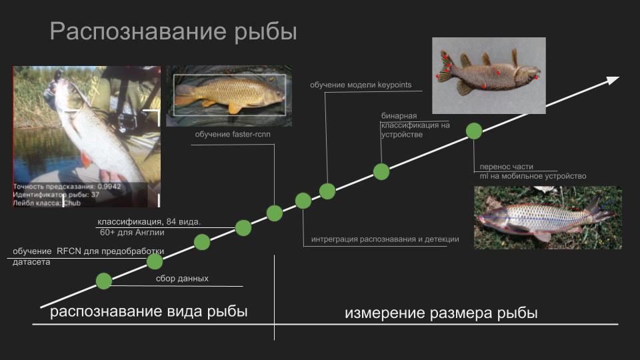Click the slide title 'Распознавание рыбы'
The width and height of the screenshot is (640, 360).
tap(173, 32)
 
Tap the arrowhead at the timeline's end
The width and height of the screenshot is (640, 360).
tap(612, 80)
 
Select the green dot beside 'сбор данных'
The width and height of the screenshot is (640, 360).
tap(103, 281)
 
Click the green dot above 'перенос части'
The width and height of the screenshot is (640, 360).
tap(473, 131)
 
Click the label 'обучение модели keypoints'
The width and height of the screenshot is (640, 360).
tap(361, 85)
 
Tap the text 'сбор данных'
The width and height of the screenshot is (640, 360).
tap(182, 279)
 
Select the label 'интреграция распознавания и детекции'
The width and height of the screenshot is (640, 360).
tap(385, 239)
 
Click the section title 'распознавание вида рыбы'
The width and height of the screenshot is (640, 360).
tap(149, 311)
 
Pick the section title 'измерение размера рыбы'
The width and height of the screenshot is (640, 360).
tap(441, 313)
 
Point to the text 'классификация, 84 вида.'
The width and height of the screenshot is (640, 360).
tap(149, 221)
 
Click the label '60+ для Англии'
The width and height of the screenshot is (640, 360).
tap(132, 233)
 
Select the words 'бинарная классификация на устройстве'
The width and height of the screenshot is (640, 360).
tap(415, 125)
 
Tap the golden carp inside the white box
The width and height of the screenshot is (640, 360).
tap(227, 91)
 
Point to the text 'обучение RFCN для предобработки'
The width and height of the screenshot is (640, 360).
tap(88, 251)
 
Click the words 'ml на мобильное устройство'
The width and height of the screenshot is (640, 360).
tap(533, 176)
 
